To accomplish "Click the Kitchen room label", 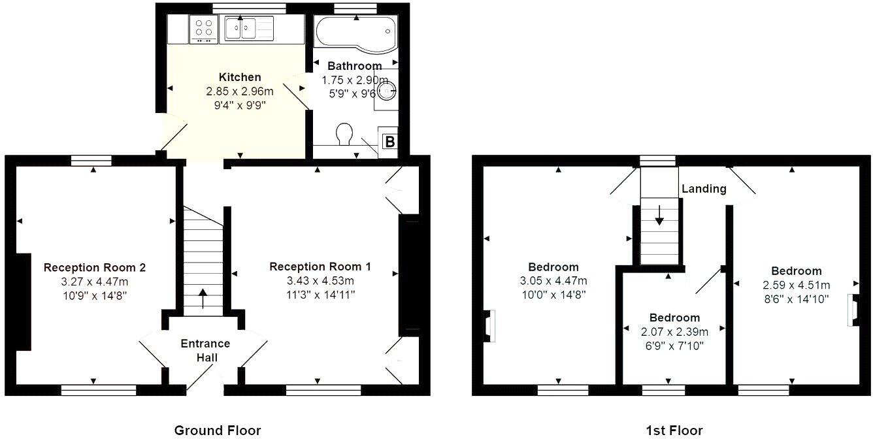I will pos(240,77).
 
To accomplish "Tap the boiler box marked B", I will pos(388,142).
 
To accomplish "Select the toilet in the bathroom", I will pos(343,134).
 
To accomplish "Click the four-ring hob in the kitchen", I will pos(204,29).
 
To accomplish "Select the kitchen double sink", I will pos(241,29).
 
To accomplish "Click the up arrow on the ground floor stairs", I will pos(202,298).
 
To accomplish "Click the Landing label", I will pos(704,189).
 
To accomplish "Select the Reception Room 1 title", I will pos(320,267).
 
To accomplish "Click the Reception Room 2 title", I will pos(94,267).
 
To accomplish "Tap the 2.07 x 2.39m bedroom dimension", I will pos(674,332).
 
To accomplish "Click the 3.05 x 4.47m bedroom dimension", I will pos(553,281).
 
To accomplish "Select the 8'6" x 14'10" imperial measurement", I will pos(796,299).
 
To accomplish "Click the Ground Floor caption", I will pos(218,430).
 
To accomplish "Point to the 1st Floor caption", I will pos(674,430).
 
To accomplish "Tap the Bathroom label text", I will pos(354,66).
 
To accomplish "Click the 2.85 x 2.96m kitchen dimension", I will pos(240,91).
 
